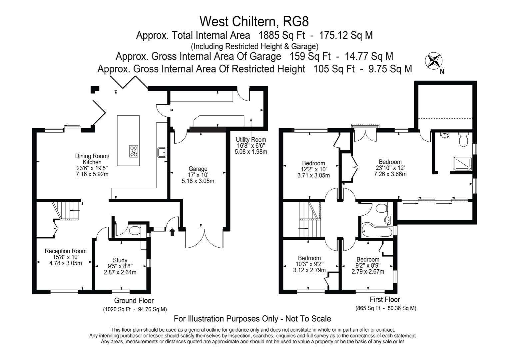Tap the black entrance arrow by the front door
click(172, 232)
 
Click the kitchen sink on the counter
click(162, 152)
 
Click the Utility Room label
click(251, 140)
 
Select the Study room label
click(120, 260)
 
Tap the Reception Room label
click(66, 251)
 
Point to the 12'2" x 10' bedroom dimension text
click(313, 169)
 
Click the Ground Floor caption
click(134, 301)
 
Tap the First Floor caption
click(385, 299)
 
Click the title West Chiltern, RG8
click(254, 21)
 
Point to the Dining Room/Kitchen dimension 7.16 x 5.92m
click(92, 174)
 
